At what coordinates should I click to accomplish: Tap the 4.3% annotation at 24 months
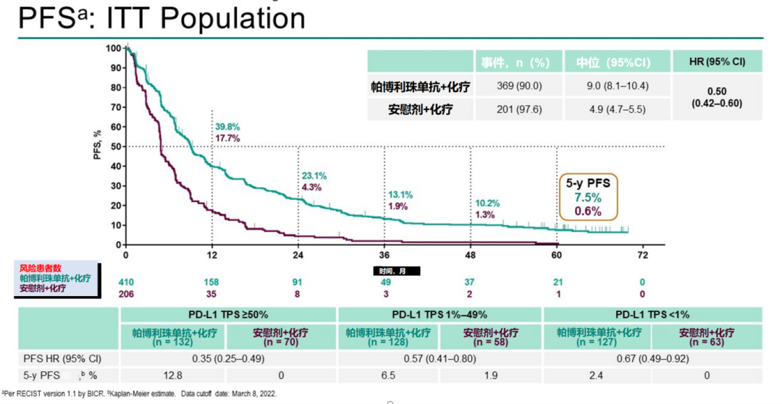click(312, 188)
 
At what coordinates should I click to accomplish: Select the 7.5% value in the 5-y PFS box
click(588, 198)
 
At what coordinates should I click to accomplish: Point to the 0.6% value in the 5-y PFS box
click(588, 211)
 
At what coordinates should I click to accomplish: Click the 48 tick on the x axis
click(471, 256)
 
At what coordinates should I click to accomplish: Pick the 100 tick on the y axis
click(113, 49)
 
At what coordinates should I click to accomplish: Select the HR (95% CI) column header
click(718, 62)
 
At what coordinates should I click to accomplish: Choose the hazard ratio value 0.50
click(718, 91)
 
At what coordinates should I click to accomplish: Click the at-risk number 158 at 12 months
click(212, 281)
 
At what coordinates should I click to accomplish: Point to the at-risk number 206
click(126, 293)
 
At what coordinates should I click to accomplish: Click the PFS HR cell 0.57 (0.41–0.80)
click(440, 358)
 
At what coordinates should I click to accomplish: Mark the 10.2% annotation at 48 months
click(487, 203)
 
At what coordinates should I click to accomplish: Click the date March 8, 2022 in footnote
click(253, 394)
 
